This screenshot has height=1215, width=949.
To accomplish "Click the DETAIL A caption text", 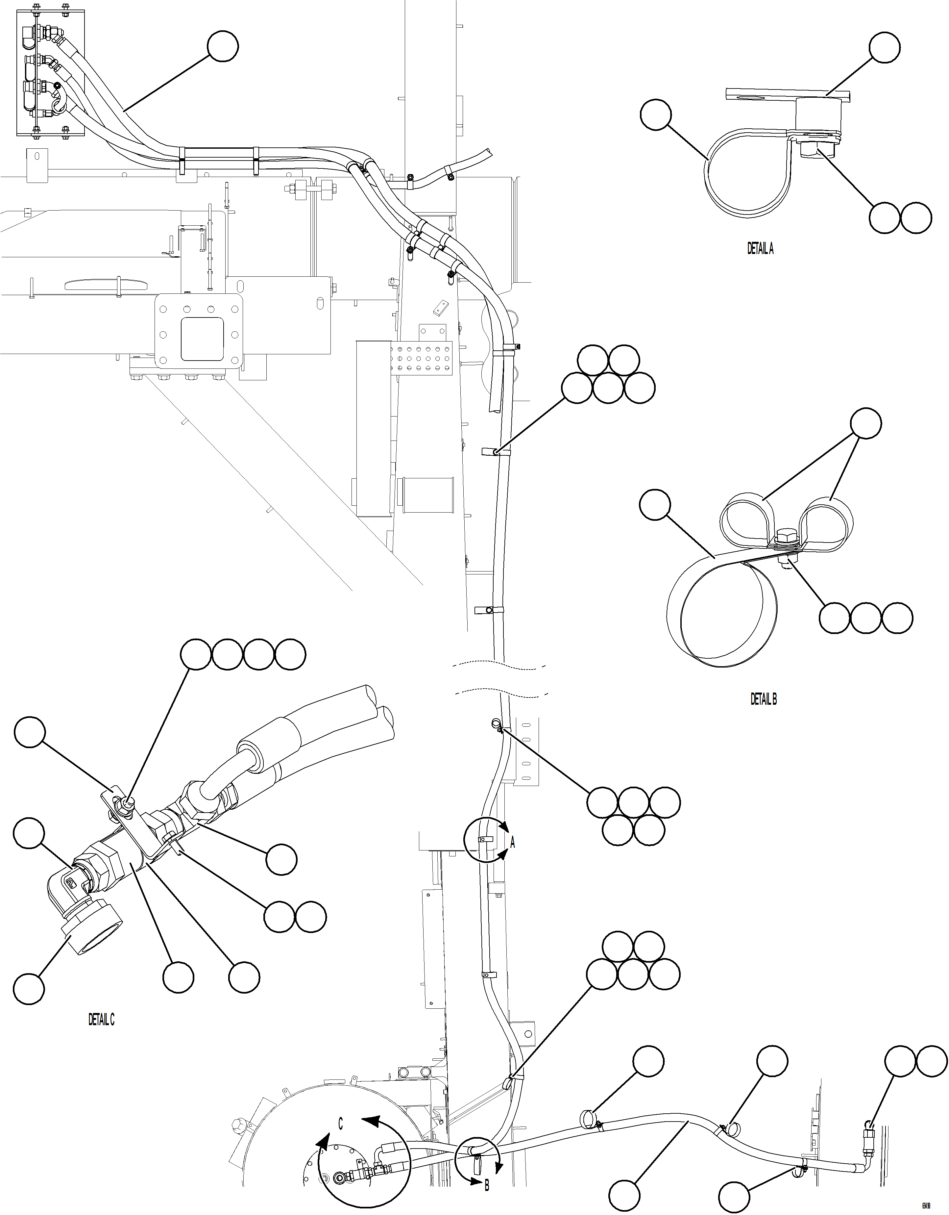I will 760,249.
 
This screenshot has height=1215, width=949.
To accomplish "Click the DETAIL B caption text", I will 763,699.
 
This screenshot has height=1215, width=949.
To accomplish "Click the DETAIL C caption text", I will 101,1019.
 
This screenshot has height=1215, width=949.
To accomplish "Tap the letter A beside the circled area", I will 513,843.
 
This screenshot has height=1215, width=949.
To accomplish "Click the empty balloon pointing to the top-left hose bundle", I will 223,46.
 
